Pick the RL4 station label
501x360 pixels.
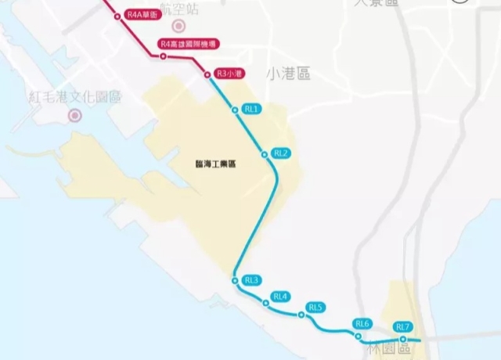[x=280, y=297]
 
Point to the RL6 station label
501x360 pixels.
[x=362, y=323]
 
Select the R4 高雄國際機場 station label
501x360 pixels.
[x=187, y=45]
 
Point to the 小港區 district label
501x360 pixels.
[x=288, y=74]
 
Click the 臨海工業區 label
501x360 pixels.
[x=216, y=164]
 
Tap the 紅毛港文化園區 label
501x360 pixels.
[x=75, y=97]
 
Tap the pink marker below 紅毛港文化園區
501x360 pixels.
[x=74, y=116]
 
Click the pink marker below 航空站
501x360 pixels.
[x=178, y=27]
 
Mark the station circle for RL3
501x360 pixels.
[x=234, y=280]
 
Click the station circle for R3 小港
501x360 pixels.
[x=207, y=74]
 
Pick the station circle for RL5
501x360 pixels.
[x=301, y=315]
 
